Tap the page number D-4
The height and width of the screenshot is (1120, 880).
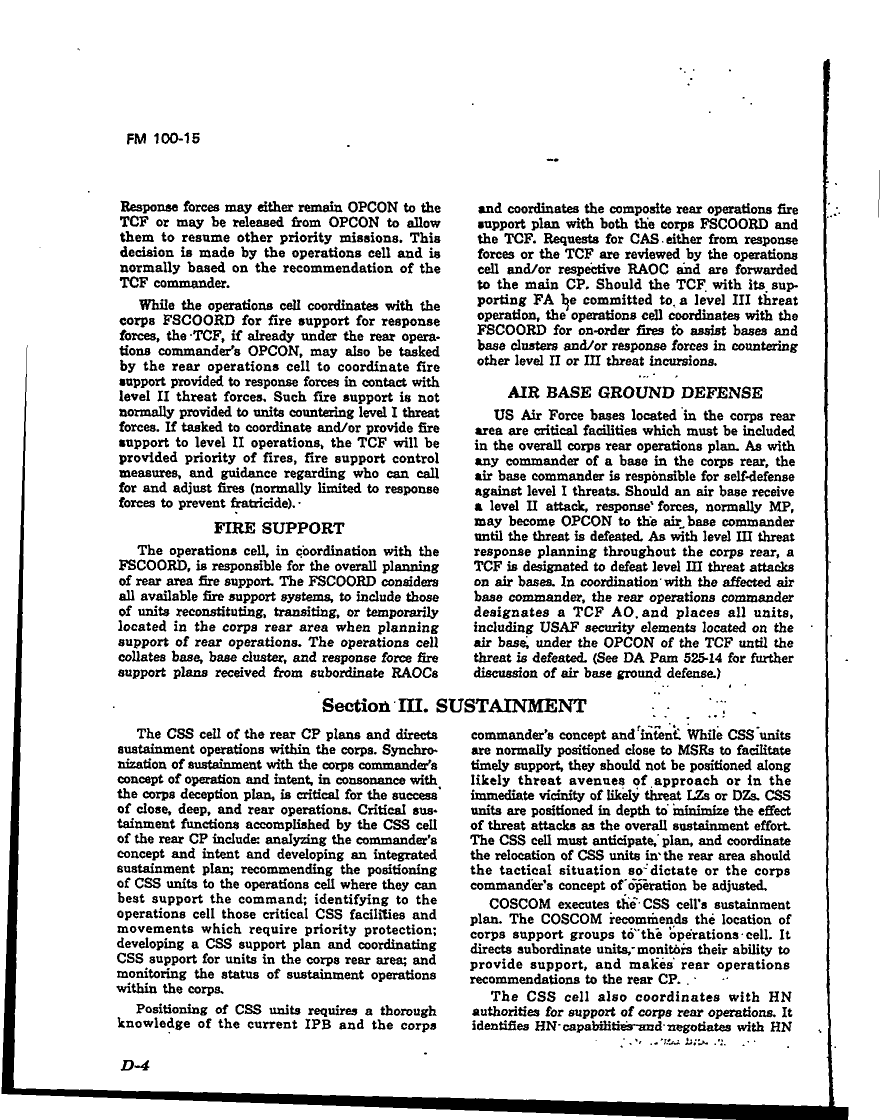tap(132, 1065)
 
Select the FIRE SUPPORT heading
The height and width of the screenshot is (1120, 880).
tap(279, 528)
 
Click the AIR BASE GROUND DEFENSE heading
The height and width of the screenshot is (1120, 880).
tap(635, 393)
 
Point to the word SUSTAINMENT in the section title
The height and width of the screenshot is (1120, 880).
tap(511, 707)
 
